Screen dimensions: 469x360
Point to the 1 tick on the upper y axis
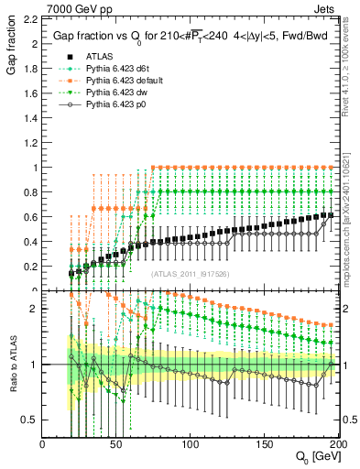tap(34, 168)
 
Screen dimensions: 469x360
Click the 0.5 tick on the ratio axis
tap(29, 420)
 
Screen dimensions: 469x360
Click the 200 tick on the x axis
tap(337, 444)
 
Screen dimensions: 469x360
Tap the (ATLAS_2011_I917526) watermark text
tap(191, 274)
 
